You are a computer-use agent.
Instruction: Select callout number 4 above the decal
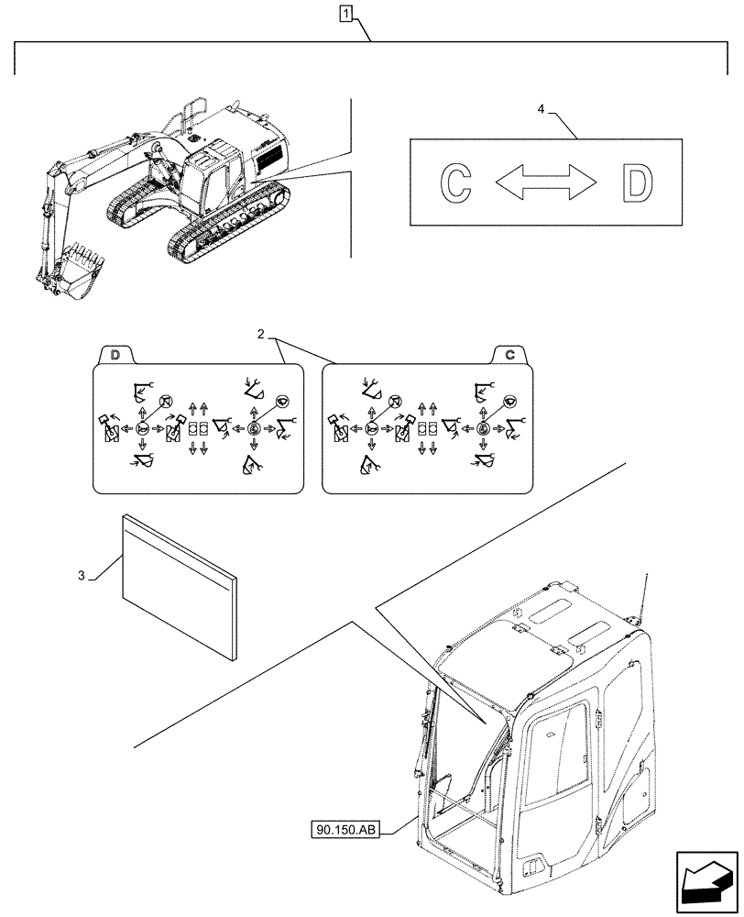tap(541, 109)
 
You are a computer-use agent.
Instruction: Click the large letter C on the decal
tap(455, 182)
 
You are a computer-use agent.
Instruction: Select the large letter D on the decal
tap(638, 182)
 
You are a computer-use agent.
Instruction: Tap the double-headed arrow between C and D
tap(546, 182)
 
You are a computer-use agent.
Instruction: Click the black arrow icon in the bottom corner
tap(706, 881)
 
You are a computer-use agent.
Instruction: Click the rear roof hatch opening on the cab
tap(591, 633)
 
